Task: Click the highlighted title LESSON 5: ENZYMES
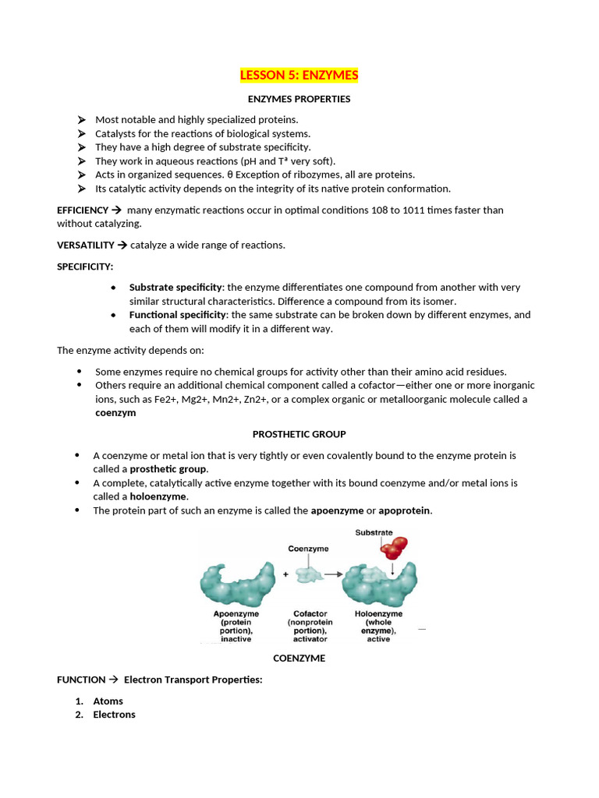point(299,76)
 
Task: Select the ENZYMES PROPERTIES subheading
point(299,99)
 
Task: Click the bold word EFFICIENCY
point(83,210)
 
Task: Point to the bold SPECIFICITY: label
point(85,267)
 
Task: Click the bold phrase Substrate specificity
point(175,288)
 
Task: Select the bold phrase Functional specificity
point(178,315)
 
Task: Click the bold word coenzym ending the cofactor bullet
point(115,413)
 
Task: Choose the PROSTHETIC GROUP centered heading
point(299,434)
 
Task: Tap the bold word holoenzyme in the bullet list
point(158,496)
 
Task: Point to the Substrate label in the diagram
point(374,533)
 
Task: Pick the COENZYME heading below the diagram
point(299,659)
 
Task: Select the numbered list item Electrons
point(114,715)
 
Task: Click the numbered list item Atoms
point(108,701)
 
